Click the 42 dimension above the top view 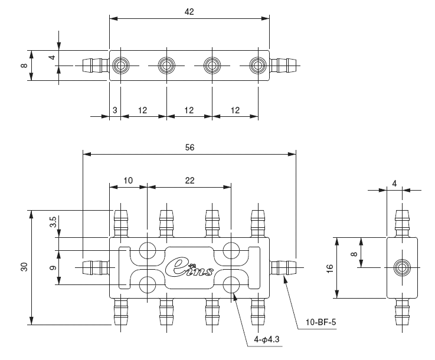[189, 11]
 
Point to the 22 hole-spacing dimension [189, 181]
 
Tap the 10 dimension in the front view [128, 181]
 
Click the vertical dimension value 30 [24, 267]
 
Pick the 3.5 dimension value [53, 223]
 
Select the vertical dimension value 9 [53, 267]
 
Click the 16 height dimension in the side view [329, 268]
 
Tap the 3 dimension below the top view [115, 110]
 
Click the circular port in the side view [403, 267]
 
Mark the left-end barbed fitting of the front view [94, 267]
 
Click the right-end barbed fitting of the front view [283, 267]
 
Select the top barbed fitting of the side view [403, 222]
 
